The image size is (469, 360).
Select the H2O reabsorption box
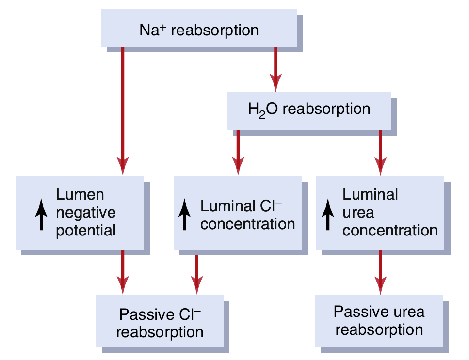tap(309, 110)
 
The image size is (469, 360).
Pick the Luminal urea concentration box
tap(380, 213)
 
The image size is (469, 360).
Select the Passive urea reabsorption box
tap(379, 320)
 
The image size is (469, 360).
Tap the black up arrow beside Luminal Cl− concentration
tap(185, 216)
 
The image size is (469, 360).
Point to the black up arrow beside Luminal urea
tap(328, 216)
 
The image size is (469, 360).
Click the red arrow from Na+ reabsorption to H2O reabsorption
tap(275, 68)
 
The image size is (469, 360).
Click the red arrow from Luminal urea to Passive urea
tap(380, 271)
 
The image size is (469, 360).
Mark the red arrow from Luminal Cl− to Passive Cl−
tap(196, 274)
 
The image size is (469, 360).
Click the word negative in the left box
tap(86, 212)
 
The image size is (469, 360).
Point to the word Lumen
tap(80, 195)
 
